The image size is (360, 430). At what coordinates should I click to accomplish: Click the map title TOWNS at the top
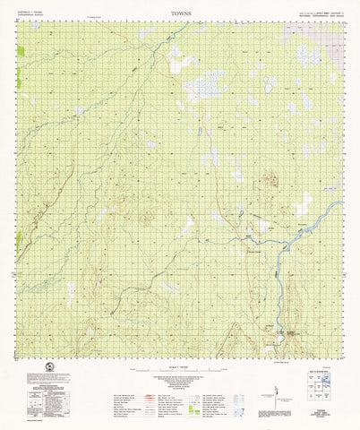(180, 14)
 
